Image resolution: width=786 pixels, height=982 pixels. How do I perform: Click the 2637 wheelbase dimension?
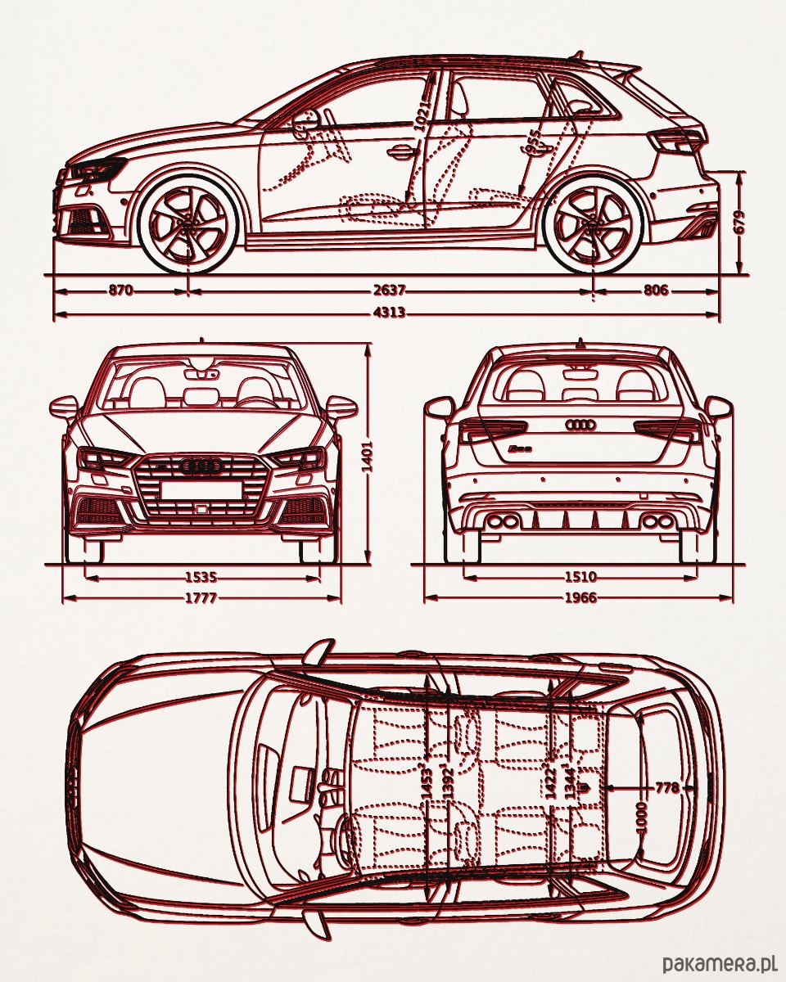389,291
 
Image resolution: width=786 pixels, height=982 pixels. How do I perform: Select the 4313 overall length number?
389,313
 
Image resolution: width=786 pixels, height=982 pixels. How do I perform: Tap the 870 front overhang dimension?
120,291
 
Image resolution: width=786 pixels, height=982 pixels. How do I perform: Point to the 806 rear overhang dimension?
656,291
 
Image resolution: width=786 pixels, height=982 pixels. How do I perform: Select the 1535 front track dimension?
201,578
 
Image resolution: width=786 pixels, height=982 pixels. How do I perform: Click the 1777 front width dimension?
201,598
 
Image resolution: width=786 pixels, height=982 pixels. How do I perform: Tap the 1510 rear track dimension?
580,578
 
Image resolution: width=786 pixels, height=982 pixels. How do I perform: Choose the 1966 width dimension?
580,598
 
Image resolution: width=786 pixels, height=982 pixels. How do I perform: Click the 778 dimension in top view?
667,788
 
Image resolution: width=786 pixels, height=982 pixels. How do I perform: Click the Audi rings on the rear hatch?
580,426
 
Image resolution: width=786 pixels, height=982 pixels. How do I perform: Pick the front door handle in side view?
401,151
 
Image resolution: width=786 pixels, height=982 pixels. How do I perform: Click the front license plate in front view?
201,490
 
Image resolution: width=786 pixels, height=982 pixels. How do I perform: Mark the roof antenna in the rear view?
580,342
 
